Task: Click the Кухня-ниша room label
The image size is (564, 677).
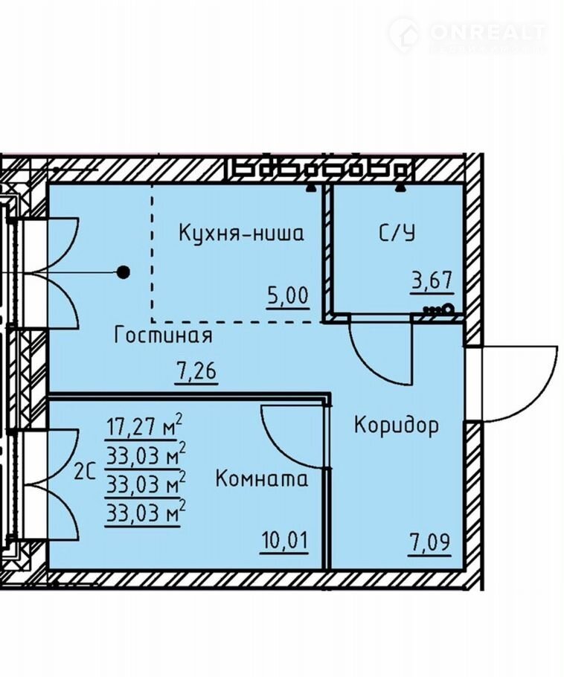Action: (x=241, y=234)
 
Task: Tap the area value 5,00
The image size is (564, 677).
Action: (x=287, y=296)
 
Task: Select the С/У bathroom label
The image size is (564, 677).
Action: (x=397, y=234)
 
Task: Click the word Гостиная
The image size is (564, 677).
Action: (x=164, y=336)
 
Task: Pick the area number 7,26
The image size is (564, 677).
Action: (x=196, y=371)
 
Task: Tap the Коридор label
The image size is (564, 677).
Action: (x=396, y=426)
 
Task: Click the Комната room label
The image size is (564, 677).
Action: (x=261, y=479)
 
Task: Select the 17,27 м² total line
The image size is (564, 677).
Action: (x=146, y=428)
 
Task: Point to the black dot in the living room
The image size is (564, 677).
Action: (x=124, y=272)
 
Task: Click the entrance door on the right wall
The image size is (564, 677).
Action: (x=521, y=384)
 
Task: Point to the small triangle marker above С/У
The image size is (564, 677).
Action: (x=402, y=187)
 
